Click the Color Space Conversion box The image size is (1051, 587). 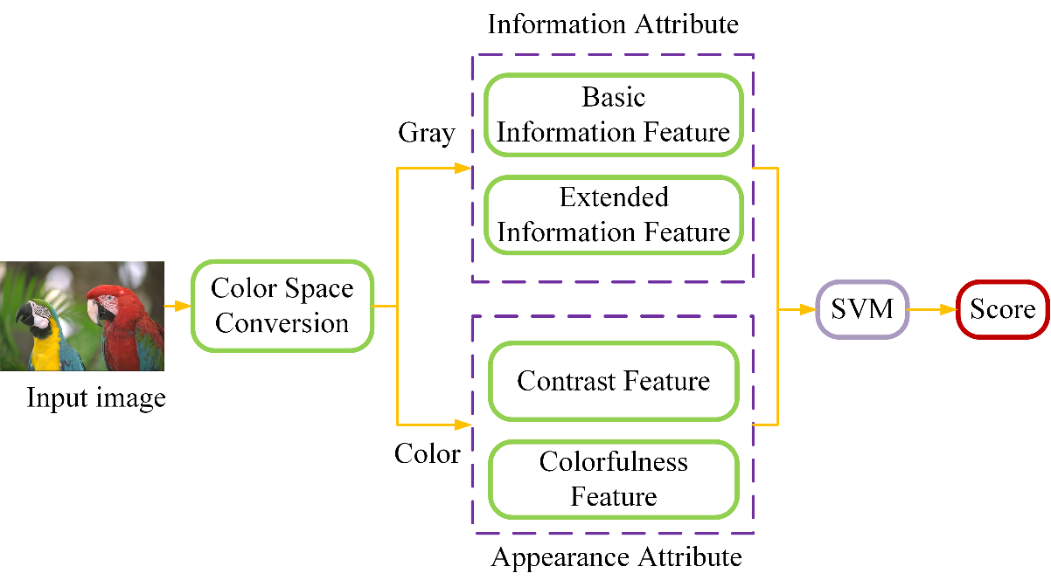282,306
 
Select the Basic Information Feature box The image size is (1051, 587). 613,114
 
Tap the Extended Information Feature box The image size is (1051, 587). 613,215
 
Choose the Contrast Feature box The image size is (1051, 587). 613,381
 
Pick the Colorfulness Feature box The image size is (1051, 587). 613,479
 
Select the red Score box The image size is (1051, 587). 1002,308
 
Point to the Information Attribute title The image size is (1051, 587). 613,24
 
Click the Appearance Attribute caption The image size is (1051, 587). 616,556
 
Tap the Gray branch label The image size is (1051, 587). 427,133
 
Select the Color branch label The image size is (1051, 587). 427,454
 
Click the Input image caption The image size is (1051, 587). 96,399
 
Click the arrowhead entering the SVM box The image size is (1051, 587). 808,308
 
